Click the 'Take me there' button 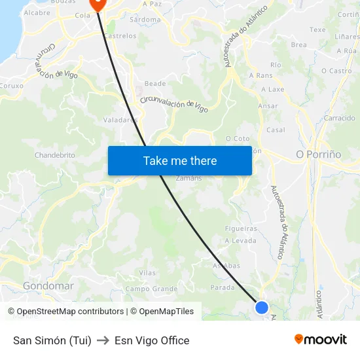180,160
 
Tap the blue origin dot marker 262,307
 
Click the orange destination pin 98,4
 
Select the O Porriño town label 319,154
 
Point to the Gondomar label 48,286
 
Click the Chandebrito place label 55,155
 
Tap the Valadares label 120,120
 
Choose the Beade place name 155,84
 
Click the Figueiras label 241,228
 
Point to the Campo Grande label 151,289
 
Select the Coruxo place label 12,85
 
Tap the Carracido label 340,118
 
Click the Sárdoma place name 145,20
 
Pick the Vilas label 147,272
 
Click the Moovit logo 321,339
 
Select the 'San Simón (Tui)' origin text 52,340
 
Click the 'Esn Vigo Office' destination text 152,340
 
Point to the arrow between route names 103,340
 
